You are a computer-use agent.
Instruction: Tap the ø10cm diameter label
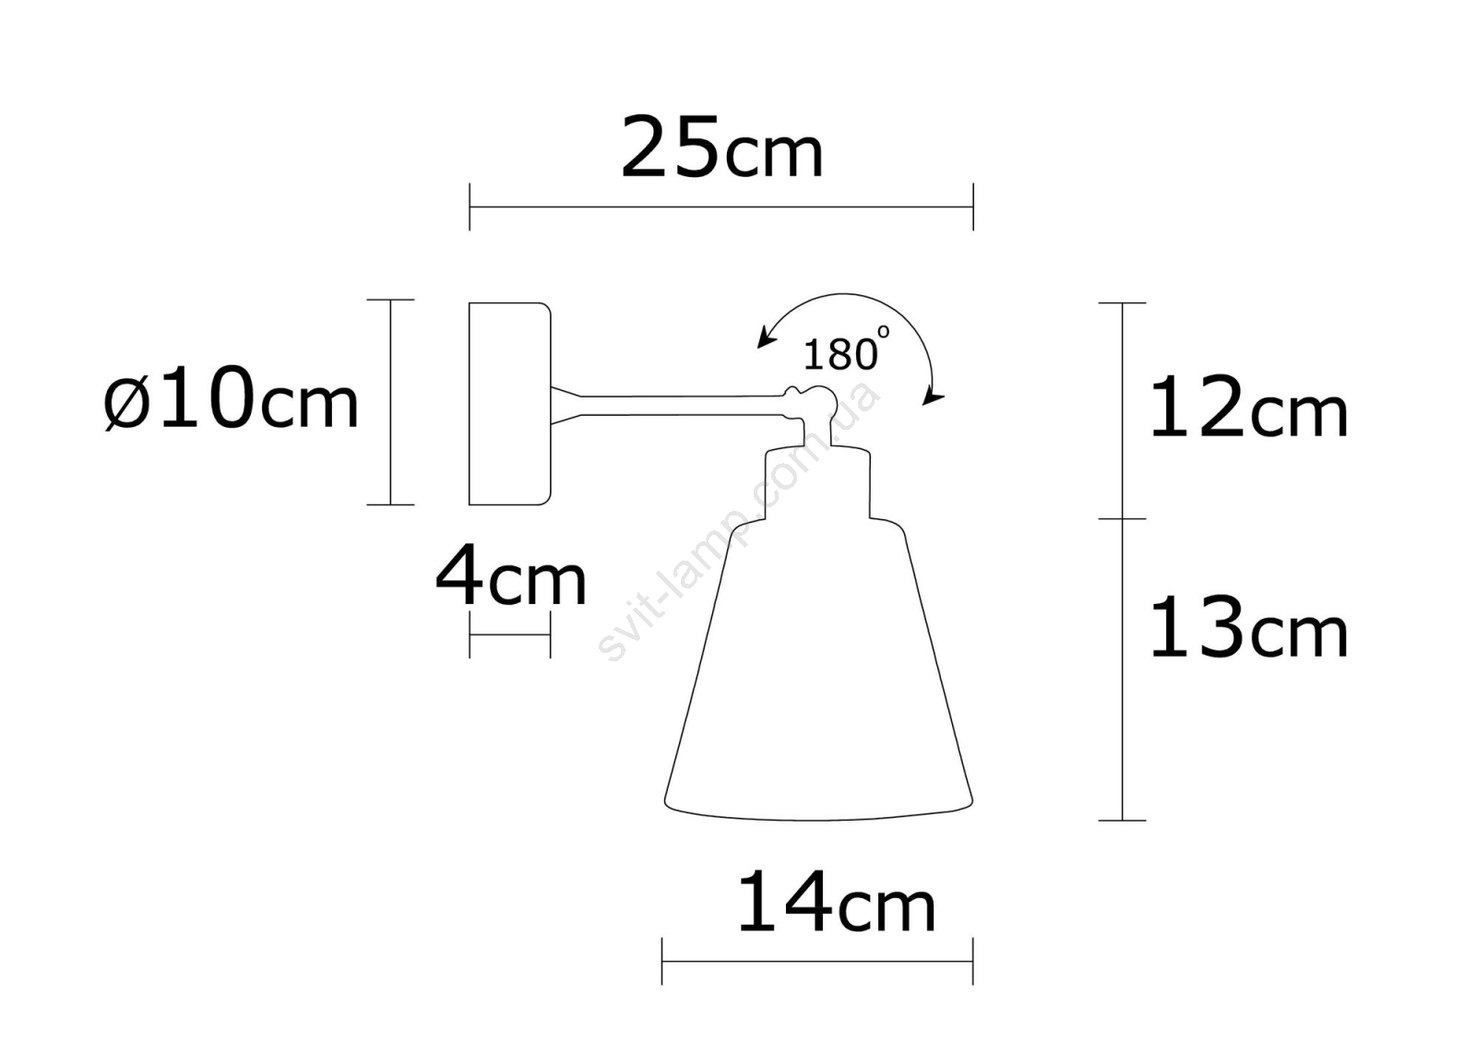pos(232,399)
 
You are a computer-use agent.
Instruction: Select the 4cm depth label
pos(511,575)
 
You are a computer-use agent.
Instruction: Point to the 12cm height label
pos(1249,407)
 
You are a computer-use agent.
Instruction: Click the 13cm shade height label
pos(1249,626)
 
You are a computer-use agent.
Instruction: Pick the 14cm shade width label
pos(836,903)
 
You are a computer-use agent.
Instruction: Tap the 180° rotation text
pos(846,349)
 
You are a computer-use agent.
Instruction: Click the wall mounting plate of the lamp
pos(509,404)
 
